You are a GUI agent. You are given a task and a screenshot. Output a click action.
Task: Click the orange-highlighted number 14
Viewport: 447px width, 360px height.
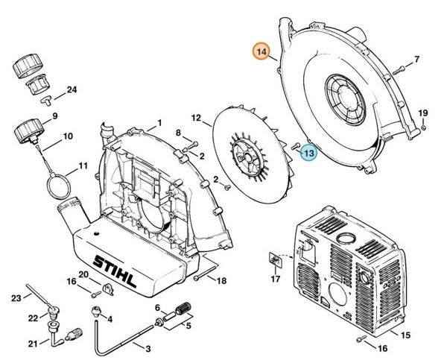tap(261, 52)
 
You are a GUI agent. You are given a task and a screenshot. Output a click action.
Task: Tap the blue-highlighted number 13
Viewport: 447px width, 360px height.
tap(308, 153)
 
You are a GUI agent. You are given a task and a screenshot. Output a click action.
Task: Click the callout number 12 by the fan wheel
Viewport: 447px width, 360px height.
tap(197, 118)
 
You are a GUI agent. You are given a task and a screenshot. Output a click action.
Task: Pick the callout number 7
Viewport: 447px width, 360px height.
tap(417, 59)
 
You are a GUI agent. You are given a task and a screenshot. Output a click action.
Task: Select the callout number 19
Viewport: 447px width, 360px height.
tap(422, 113)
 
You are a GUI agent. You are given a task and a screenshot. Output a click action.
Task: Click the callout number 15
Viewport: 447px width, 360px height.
tap(405, 336)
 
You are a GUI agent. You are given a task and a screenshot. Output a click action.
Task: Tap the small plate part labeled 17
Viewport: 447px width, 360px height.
tap(274, 260)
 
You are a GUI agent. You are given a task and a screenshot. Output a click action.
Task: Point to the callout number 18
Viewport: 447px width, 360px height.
tap(221, 280)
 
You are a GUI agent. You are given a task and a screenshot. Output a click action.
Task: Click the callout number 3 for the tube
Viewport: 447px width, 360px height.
tap(148, 349)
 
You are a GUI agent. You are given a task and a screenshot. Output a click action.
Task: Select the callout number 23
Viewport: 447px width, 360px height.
tap(16, 299)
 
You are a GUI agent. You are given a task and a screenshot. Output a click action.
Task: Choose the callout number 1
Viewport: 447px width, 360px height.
tap(159, 122)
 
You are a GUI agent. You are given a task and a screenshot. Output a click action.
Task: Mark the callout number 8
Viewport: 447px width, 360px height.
tap(179, 133)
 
